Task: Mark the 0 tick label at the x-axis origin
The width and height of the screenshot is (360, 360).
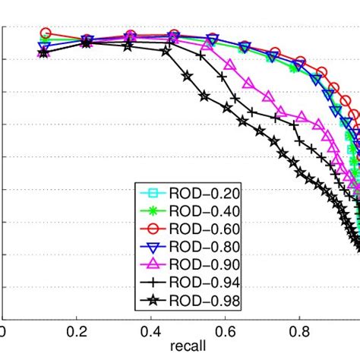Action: coord(3,332)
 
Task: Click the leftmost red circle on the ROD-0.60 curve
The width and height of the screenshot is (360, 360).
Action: coord(46,33)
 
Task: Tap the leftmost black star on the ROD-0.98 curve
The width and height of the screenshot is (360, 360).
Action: coord(43,53)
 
